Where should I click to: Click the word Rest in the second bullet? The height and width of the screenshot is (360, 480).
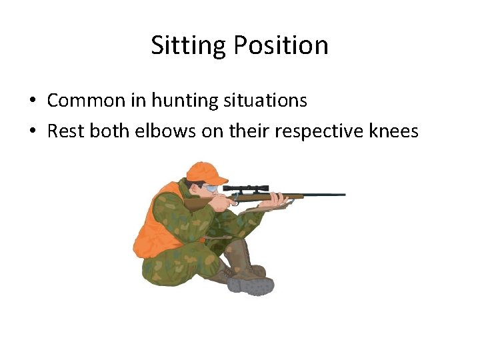click(63, 131)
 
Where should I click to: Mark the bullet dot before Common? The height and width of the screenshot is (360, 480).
click(32, 101)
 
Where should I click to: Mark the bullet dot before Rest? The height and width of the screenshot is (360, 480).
click(32, 132)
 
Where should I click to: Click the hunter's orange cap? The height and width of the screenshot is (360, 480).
click(206, 172)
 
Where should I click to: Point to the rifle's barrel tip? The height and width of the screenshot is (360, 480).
click(343, 195)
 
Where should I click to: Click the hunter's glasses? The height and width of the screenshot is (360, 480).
click(212, 188)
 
